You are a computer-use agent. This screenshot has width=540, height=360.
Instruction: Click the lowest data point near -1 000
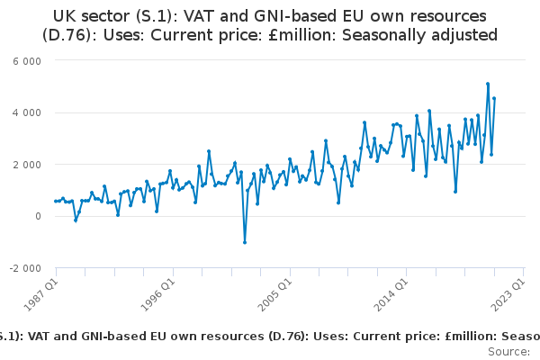tap(244, 242)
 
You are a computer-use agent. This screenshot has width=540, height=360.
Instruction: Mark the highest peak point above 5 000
tap(488, 84)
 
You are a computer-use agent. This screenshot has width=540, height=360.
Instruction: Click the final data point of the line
tap(494, 99)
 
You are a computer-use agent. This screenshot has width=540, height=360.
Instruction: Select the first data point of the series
tap(55, 202)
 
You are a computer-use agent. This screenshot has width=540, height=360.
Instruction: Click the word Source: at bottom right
tap(509, 351)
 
